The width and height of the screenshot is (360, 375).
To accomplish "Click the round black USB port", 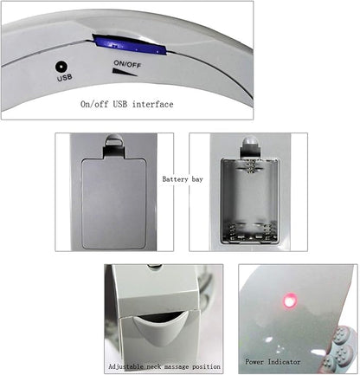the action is click(61, 67).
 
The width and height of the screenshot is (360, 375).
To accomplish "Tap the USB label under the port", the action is click(65, 78).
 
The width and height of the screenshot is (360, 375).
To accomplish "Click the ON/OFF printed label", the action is click(127, 64).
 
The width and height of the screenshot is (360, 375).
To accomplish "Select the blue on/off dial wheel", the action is click(130, 45).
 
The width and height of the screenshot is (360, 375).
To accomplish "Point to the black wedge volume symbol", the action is click(125, 72).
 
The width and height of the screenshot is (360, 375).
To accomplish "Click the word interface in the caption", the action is click(153, 104).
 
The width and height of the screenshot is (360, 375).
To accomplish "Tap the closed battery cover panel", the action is click(114, 204).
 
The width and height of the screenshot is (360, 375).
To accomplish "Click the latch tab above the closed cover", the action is click(114, 144).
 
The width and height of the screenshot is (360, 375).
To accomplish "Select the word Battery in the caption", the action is click(175, 179).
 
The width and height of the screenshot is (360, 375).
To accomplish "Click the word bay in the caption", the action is click(197, 179).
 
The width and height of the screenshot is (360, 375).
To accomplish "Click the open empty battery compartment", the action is click(250, 201).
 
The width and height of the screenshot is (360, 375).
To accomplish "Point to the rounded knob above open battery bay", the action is click(250, 145).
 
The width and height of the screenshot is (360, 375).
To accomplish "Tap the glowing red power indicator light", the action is click(290, 301).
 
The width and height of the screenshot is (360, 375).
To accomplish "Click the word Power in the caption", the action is click(254, 362).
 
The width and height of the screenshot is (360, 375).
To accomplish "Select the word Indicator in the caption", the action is click(284, 362).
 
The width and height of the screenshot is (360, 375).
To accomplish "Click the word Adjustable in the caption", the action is click(125, 366).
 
